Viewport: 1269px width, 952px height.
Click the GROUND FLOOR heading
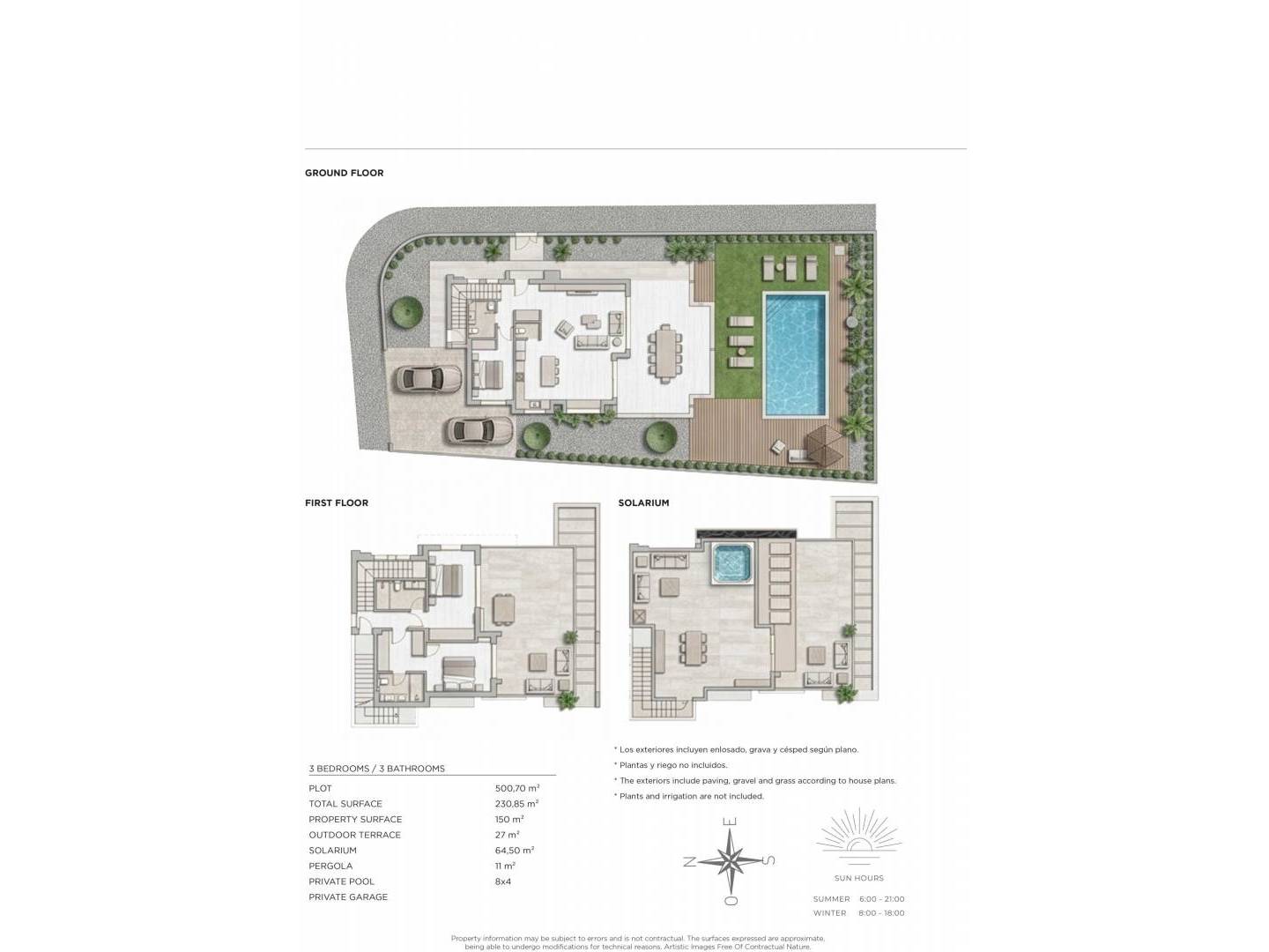pyautogui.click(x=344, y=173)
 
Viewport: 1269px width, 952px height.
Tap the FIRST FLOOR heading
pyautogui.click(x=337, y=502)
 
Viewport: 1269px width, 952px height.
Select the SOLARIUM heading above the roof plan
pyautogui.click(x=643, y=502)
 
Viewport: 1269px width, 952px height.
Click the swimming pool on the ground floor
pyautogui.click(x=794, y=354)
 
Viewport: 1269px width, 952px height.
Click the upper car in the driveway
pyautogui.click(x=428, y=380)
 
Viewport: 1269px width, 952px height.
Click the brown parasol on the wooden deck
pyautogui.click(x=825, y=444)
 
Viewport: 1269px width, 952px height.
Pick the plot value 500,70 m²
pyautogui.click(x=516, y=788)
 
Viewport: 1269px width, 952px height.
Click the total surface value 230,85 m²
pyautogui.click(x=516, y=803)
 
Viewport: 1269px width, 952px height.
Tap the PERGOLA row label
pyautogui.click(x=330, y=866)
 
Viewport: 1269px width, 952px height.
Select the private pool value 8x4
pyautogui.click(x=503, y=881)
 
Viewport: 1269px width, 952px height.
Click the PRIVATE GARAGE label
pyautogui.click(x=348, y=897)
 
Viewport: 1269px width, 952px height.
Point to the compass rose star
pyautogui.click(x=730, y=861)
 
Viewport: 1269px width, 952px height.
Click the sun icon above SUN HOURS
pyautogui.click(x=859, y=831)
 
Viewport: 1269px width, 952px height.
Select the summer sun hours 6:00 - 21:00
pyautogui.click(x=881, y=899)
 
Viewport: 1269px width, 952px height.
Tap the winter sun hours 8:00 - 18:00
pyautogui.click(x=881, y=913)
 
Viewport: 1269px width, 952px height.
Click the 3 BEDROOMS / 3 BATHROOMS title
pyautogui.click(x=377, y=769)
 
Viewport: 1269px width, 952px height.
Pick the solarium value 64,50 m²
pyautogui.click(x=515, y=851)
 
